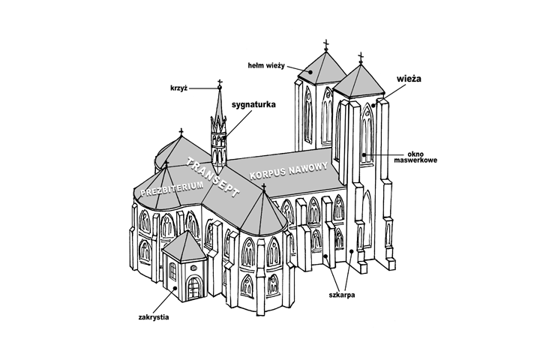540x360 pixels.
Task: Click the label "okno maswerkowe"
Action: (x=424, y=156)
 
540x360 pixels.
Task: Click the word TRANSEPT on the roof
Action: (x=211, y=180)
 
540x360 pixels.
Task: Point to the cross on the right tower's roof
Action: (x=361, y=58)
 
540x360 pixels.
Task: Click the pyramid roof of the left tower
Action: (x=319, y=68)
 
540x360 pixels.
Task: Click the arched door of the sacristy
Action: (x=195, y=287)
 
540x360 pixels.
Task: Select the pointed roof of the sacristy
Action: (x=184, y=244)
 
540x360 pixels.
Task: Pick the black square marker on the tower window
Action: (x=364, y=155)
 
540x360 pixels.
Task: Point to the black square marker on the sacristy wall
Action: (x=174, y=287)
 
